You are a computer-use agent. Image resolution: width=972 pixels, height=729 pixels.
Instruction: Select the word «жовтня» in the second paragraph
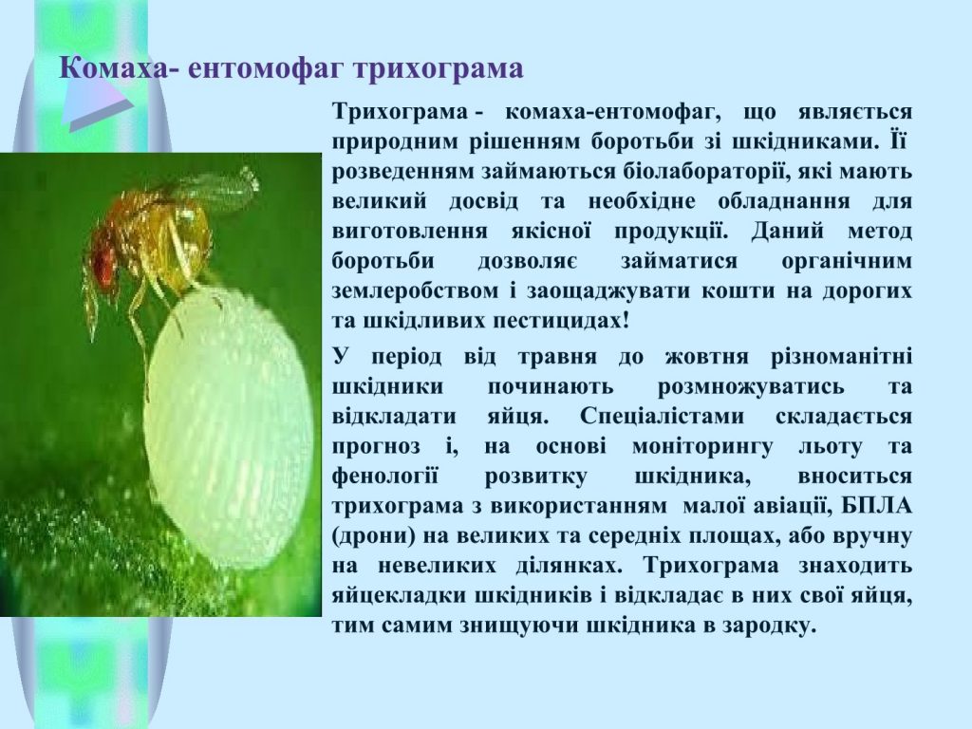(x=706, y=358)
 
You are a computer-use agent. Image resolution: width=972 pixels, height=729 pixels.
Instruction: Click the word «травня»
(x=556, y=358)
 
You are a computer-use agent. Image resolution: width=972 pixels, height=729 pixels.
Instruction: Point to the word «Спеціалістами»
(x=662, y=417)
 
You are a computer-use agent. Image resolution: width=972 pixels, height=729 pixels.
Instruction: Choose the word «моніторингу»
(x=702, y=447)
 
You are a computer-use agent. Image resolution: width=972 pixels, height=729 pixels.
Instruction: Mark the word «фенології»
(x=385, y=477)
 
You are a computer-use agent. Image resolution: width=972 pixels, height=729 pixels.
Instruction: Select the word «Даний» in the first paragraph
(x=787, y=232)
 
